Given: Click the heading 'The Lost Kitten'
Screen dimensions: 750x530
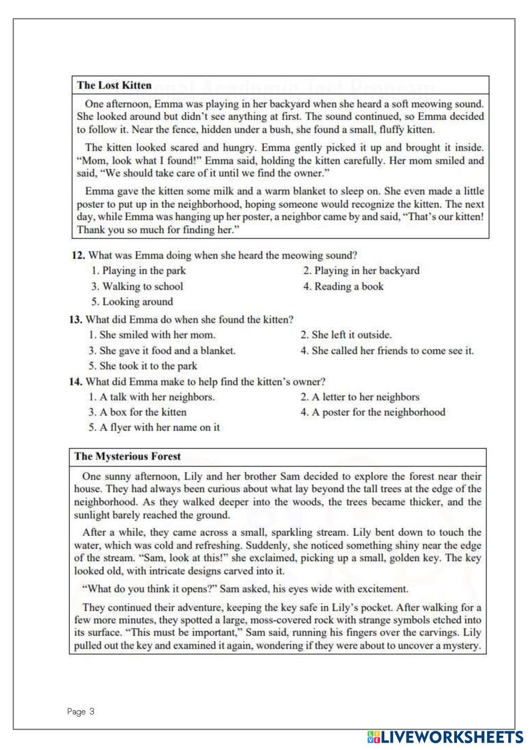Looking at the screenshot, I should coord(114,85).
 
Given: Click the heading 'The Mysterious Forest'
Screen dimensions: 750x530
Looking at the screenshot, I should coord(127,456).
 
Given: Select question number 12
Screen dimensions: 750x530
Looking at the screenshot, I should coord(78,255).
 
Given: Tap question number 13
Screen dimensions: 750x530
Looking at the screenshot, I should coord(76,319).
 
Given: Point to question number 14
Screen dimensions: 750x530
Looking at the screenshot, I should coord(76,381).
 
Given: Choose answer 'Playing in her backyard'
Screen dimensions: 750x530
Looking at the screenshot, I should coord(361,271).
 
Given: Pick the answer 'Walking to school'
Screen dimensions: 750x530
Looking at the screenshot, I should coord(137,286).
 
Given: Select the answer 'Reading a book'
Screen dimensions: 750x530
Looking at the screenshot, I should coord(343,286).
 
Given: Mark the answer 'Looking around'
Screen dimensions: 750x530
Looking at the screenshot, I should coord(132,302).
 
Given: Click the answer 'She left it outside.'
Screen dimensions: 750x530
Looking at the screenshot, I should coord(346,335).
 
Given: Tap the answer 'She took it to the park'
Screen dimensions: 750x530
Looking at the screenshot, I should coord(143,366).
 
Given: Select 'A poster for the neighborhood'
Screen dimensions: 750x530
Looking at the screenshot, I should coord(373,412).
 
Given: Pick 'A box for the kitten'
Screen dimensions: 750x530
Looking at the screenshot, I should coord(137,412).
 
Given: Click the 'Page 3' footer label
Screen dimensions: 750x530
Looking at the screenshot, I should coord(81,711).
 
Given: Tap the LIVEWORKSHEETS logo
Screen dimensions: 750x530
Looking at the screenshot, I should coord(445,737).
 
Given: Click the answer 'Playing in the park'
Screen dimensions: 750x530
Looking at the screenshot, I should coord(138,271).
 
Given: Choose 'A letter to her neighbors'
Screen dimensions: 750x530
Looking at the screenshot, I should coord(360,397).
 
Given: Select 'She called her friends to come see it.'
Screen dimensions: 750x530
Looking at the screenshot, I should coord(387,351).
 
